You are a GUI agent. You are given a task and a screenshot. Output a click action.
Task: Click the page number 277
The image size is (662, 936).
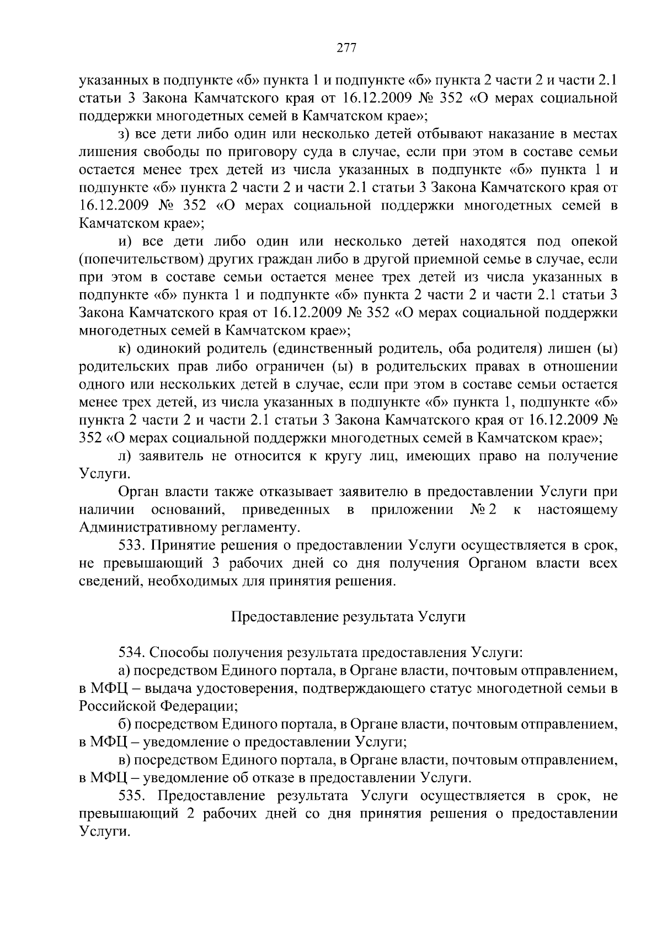[346, 48]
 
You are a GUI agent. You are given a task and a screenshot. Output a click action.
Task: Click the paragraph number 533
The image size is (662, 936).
[131, 546]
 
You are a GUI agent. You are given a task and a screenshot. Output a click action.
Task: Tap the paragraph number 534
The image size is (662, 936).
[131, 653]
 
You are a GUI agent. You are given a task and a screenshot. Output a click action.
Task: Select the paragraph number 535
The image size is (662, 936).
[131, 796]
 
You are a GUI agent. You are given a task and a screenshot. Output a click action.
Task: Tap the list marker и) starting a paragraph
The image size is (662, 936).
[124, 241]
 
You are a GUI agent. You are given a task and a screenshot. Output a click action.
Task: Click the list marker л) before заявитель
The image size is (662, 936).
[124, 456]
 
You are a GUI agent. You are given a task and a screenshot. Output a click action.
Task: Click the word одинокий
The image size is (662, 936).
[168, 349]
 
